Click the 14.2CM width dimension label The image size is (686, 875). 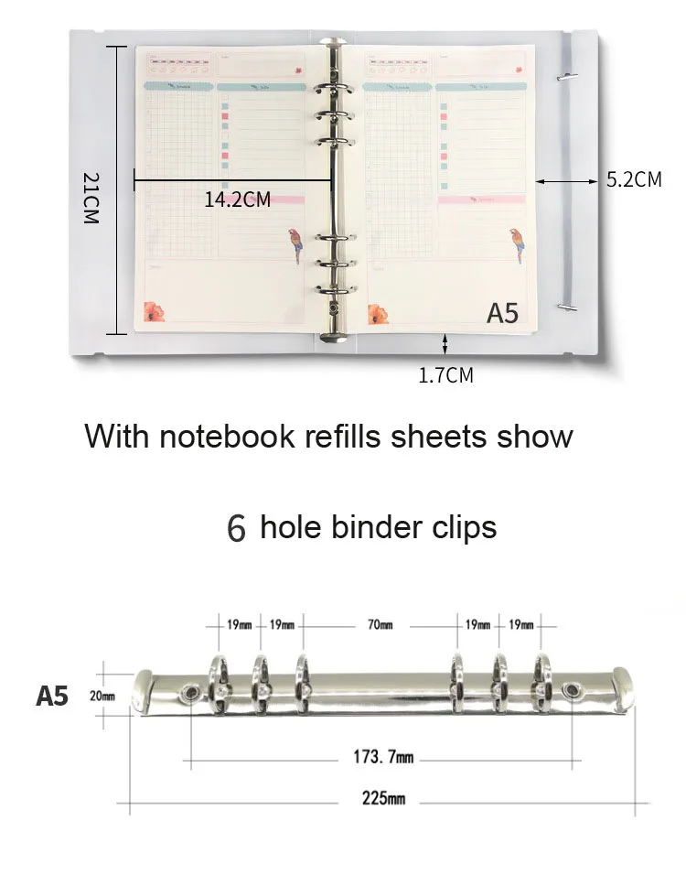pos(238,200)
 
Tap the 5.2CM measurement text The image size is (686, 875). pos(634,179)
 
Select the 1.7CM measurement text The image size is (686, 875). pos(445,374)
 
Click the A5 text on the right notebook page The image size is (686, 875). pos(502,313)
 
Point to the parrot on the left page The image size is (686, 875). pos(295,245)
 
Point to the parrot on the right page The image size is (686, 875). pos(517,245)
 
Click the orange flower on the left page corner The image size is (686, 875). pos(155,312)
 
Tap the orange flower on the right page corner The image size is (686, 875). pos(377,314)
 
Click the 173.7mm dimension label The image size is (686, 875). pos(383,758)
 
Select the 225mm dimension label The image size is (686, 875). pos(383,798)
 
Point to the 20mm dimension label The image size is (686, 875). pos(102,696)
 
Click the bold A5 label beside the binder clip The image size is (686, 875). pos(52,696)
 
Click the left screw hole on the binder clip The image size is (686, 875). pos(191,693)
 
